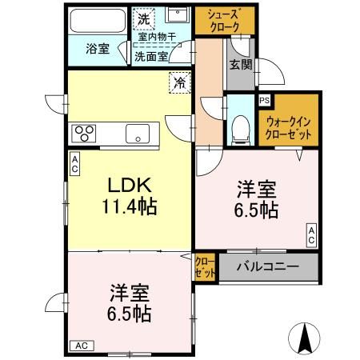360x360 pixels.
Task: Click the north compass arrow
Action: (x=306, y=338)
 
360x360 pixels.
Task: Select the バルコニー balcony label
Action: (x=268, y=266)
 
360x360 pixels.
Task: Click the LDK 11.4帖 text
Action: (x=129, y=195)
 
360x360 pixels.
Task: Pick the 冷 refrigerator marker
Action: (x=180, y=82)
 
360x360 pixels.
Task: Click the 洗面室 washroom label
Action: (x=150, y=57)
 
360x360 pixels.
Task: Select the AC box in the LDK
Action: (x=74, y=164)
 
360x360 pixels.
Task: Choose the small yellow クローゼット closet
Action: (x=205, y=266)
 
